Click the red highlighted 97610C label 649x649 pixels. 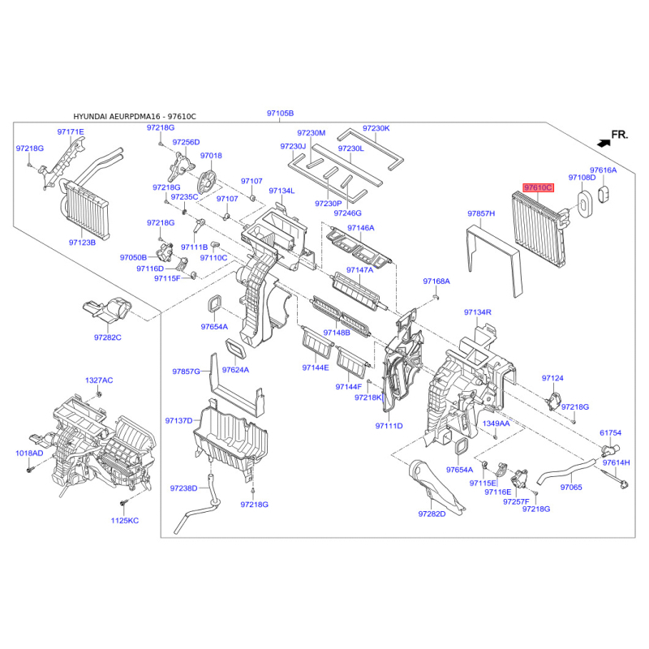click(x=538, y=187)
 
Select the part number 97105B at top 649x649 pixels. click(x=281, y=114)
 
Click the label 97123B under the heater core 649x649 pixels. click(x=82, y=243)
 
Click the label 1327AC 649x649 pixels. click(x=100, y=380)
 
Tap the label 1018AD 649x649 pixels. click(x=30, y=453)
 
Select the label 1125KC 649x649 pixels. click(x=125, y=520)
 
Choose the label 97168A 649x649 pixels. click(x=436, y=282)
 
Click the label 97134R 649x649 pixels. click(x=478, y=312)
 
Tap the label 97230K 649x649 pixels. click(x=376, y=128)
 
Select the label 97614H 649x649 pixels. click(x=616, y=462)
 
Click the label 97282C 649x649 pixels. click(x=107, y=337)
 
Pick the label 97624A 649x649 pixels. click(x=235, y=370)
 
